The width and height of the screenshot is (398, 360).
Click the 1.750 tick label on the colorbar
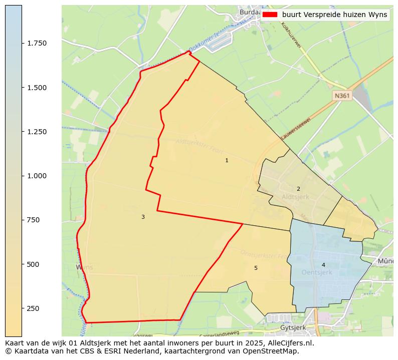[x=37, y=43]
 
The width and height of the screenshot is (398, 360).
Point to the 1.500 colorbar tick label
[x=37, y=88]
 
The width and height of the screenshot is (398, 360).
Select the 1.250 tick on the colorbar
[x=37, y=132]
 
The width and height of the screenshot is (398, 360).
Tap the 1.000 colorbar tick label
[x=37, y=176]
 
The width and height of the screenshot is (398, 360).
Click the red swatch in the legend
[x=270, y=15]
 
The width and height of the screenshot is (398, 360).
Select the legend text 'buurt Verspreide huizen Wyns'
[x=334, y=15]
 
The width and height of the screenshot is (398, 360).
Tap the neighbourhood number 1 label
[x=227, y=160]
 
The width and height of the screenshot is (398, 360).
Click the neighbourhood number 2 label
[x=298, y=189]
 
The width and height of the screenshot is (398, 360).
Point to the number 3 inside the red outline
[x=143, y=217]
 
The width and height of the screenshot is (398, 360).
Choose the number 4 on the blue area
[x=323, y=265]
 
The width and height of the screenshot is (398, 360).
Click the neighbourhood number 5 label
[x=256, y=268]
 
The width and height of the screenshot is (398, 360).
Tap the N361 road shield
[x=342, y=95]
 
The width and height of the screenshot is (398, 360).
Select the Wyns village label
[x=84, y=267]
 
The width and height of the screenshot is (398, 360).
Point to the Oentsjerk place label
[x=317, y=272]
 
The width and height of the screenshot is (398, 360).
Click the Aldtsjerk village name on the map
[x=296, y=197]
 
